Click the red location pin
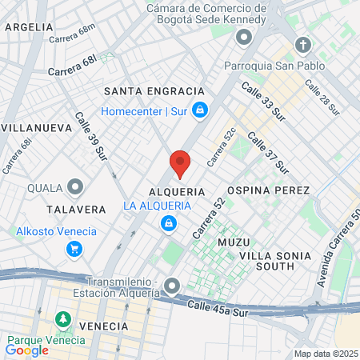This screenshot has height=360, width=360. pyautogui.click(x=180, y=163)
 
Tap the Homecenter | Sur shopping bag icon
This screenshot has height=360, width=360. pyautogui.click(x=201, y=111)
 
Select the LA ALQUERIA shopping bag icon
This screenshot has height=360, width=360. pyautogui.click(x=167, y=223)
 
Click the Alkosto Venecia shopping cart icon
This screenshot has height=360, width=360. pyautogui.click(x=74, y=250)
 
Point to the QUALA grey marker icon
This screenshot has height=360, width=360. pyautogui.click(x=76, y=188)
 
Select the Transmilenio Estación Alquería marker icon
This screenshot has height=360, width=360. pyautogui.click(x=172, y=286)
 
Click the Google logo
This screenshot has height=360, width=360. pyautogui.click(x=27, y=350)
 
